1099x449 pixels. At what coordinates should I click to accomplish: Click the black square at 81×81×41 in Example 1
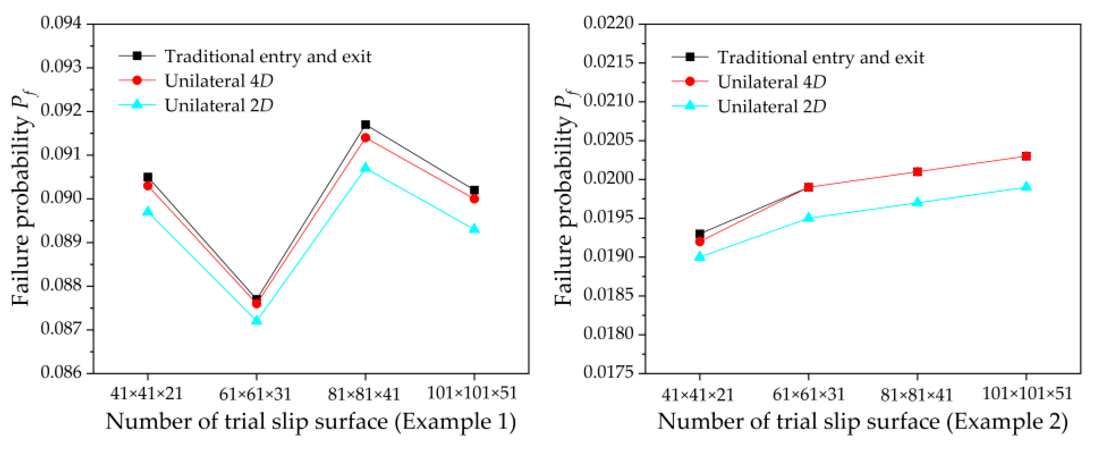(x=366, y=124)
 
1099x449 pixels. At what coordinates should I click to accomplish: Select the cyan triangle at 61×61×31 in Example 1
(x=256, y=320)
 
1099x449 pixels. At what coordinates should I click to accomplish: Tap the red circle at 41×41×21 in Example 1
(x=148, y=186)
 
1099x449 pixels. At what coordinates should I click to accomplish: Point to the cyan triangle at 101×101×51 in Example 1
(x=474, y=229)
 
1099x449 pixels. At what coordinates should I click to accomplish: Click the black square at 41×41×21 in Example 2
(x=700, y=234)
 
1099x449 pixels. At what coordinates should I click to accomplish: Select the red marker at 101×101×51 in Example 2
(x=1027, y=156)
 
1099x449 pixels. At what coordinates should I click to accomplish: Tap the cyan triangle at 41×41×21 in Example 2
(x=700, y=257)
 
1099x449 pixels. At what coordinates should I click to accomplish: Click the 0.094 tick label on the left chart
(x=61, y=23)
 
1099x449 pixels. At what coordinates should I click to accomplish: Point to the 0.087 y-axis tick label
(x=61, y=329)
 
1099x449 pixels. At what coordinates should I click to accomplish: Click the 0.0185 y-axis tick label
(x=608, y=295)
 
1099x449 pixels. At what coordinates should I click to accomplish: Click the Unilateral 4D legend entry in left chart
(x=218, y=81)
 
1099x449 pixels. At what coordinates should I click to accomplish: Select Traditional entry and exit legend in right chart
(x=820, y=57)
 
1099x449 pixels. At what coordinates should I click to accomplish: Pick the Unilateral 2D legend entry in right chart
(x=771, y=106)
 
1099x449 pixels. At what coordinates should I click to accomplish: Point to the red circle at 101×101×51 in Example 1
(x=474, y=199)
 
